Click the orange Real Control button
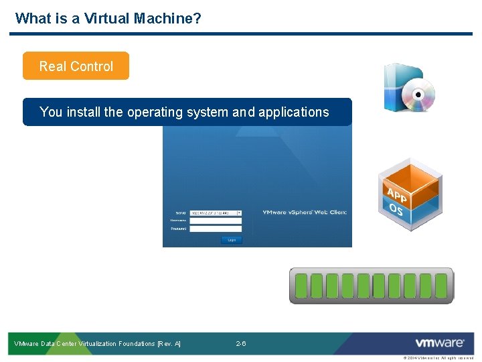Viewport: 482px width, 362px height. tap(76, 66)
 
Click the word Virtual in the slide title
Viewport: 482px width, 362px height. tap(107, 18)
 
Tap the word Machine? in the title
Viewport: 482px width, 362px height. tap(167, 18)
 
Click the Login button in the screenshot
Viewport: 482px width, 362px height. tap(232, 239)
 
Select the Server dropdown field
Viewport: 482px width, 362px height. tap(216, 213)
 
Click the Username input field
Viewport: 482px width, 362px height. tap(216, 221)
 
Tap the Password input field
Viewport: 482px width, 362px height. tap(216, 229)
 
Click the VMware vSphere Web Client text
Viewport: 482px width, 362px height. tap(304, 213)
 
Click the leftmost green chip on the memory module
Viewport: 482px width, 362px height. tap(301, 286)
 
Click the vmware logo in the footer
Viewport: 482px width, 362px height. tap(439, 343)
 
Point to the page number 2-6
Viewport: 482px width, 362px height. tap(241, 343)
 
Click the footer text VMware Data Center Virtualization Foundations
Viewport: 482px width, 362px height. tap(97, 343)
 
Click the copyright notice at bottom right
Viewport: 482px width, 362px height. tap(438, 358)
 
